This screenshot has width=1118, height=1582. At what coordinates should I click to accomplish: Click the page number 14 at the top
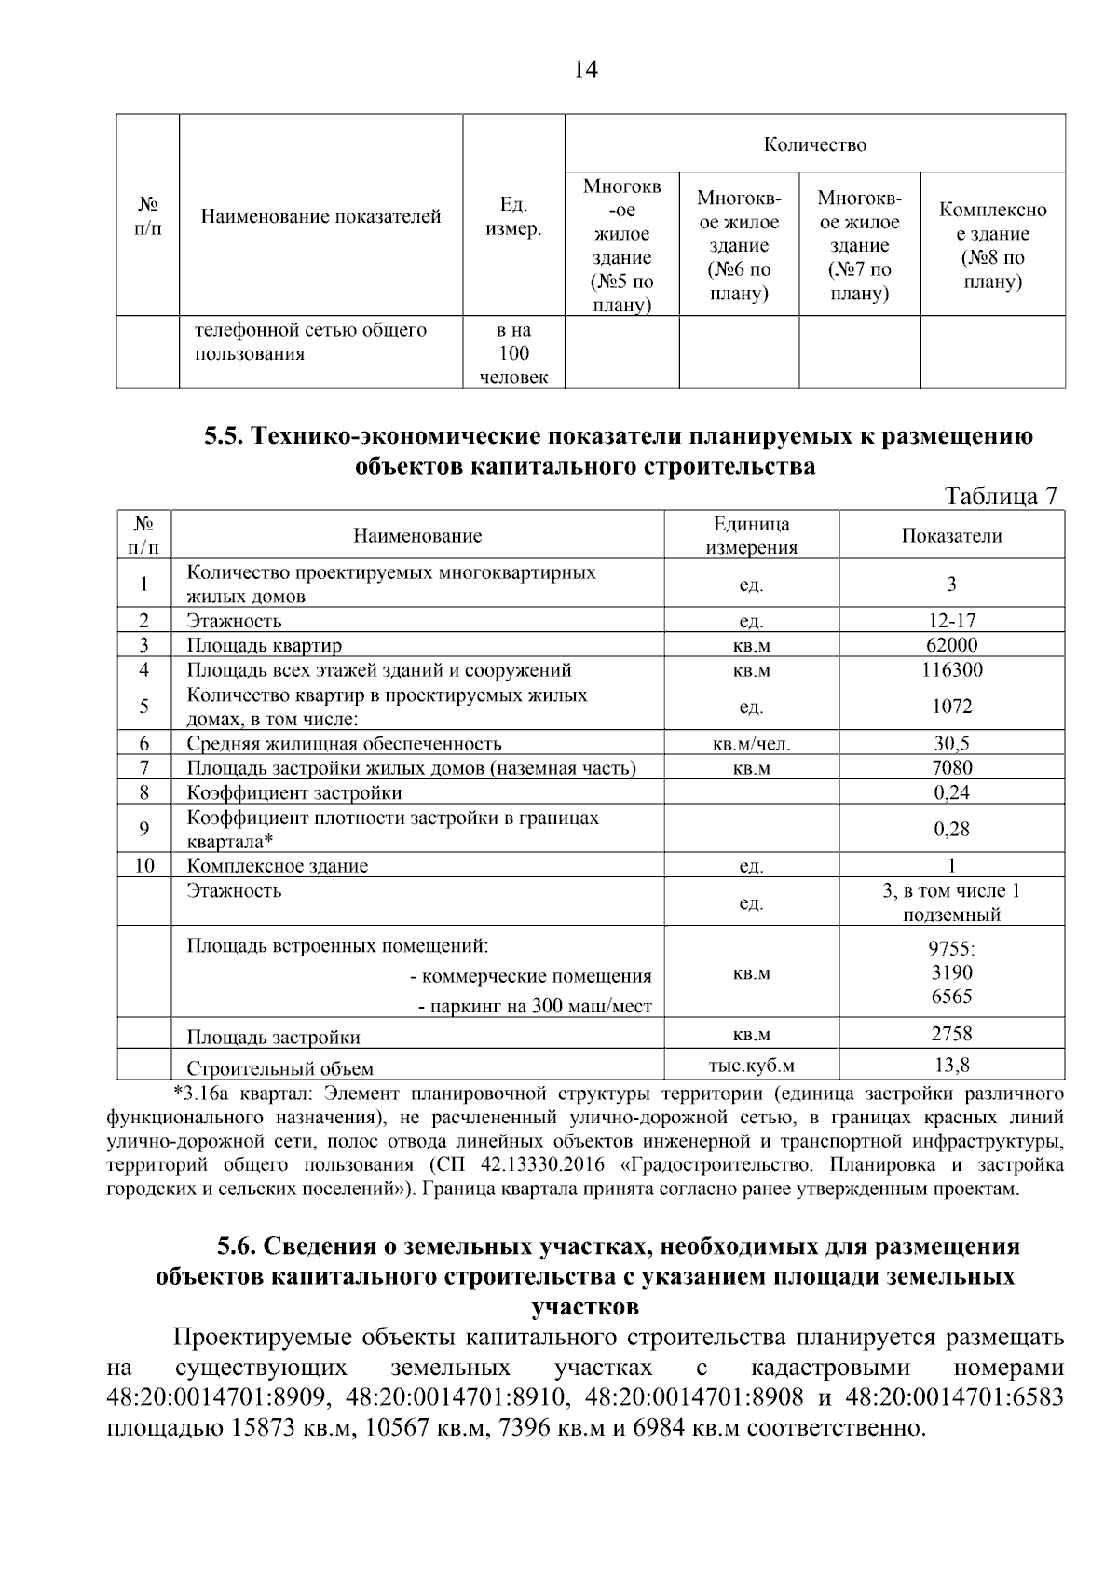[x=586, y=71]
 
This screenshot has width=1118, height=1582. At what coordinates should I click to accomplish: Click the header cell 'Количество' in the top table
[x=814, y=144]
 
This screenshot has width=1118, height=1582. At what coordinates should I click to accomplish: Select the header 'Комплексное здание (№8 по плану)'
[x=992, y=245]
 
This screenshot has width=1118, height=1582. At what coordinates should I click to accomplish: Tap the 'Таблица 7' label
[x=1002, y=495]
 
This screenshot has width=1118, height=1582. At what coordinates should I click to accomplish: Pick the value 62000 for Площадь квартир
[x=951, y=645]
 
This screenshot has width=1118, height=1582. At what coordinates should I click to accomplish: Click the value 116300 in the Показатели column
[x=951, y=669]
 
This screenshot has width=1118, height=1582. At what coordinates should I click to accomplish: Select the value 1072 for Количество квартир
[x=951, y=707]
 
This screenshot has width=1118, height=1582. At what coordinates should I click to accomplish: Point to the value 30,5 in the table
[x=951, y=743]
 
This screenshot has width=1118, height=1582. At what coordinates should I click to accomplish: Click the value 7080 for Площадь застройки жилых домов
[x=951, y=768]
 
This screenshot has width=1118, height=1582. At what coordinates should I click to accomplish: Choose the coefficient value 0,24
[x=951, y=792]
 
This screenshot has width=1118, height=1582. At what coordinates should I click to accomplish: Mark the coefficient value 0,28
[x=951, y=829]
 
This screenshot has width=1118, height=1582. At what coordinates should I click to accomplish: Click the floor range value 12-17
[x=951, y=621]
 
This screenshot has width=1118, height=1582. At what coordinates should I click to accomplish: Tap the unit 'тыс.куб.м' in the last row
[x=752, y=1066]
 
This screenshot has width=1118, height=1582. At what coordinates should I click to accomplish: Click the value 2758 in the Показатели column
[x=951, y=1033]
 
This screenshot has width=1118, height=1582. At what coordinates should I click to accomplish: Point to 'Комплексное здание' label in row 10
[x=277, y=866]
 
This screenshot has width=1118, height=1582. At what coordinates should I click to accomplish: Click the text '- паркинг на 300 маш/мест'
[x=534, y=1007]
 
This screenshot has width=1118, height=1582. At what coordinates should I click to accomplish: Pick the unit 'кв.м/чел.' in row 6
[x=752, y=744]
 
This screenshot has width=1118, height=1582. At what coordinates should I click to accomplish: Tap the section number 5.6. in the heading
[x=238, y=1247]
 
